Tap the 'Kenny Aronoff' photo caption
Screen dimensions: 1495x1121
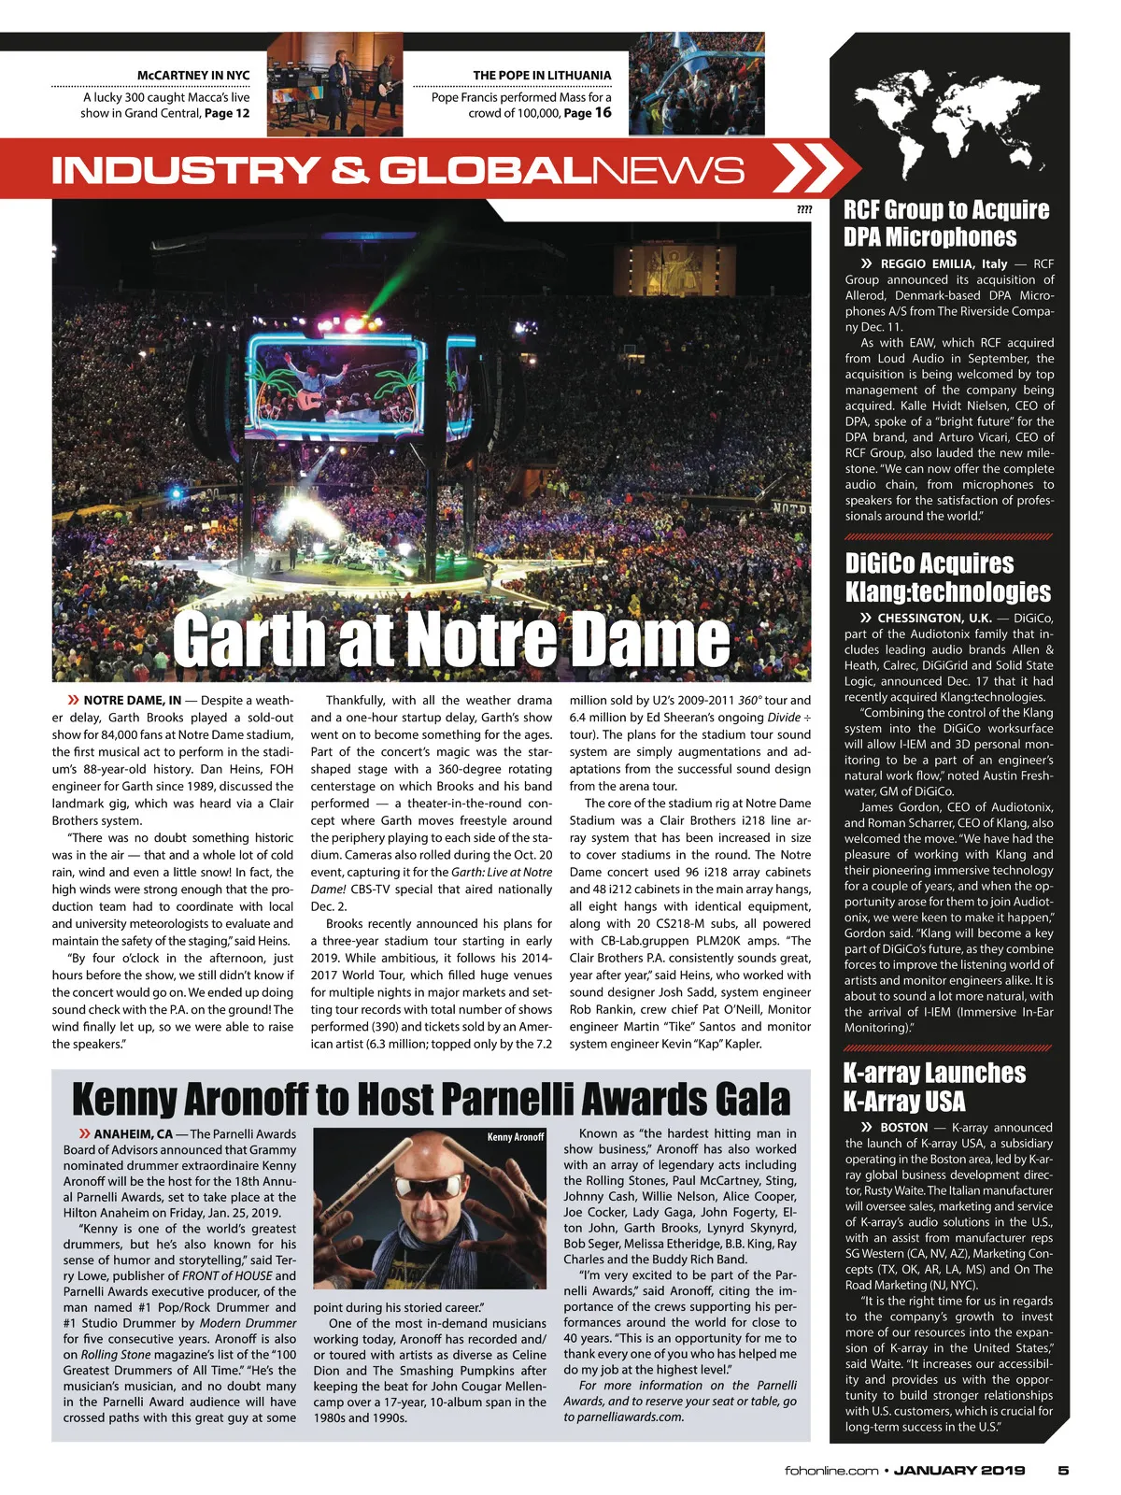click(x=516, y=1137)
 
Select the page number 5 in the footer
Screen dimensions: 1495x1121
click(x=1063, y=1470)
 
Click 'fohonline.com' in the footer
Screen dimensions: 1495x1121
click(x=831, y=1471)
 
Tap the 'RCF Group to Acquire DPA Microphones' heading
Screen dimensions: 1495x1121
click(x=945, y=223)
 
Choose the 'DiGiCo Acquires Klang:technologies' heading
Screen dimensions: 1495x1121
click(x=947, y=577)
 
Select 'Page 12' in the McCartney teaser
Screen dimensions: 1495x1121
click(x=227, y=113)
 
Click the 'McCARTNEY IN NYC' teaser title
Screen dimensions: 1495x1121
click(x=193, y=75)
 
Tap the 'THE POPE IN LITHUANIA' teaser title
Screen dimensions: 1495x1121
click(x=542, y=75)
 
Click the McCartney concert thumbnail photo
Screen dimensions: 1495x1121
click(x=335, y=84)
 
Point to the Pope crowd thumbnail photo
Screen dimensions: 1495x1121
click(x=696, y=84)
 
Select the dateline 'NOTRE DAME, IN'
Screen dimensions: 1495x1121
click(x=132, y=700)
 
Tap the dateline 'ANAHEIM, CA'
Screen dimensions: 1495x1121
click(x=133, y=1134)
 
